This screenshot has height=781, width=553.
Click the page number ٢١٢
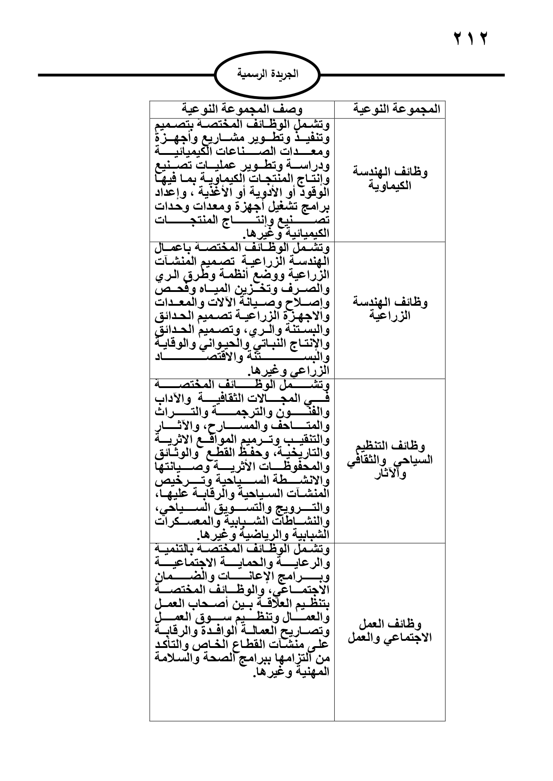click(471, 39)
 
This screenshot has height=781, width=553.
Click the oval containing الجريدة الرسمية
click(267, 75)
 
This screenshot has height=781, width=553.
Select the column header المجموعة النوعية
click(390, 109)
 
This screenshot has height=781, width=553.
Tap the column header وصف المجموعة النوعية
click(242, 109)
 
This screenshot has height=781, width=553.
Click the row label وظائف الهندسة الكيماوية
click(390, 179)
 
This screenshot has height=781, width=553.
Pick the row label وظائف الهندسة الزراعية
click(390, 309)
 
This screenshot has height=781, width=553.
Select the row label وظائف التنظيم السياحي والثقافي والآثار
click(390, 460)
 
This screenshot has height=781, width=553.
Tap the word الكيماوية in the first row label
click(390, 186)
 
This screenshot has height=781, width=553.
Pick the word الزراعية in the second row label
click(390, 316)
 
